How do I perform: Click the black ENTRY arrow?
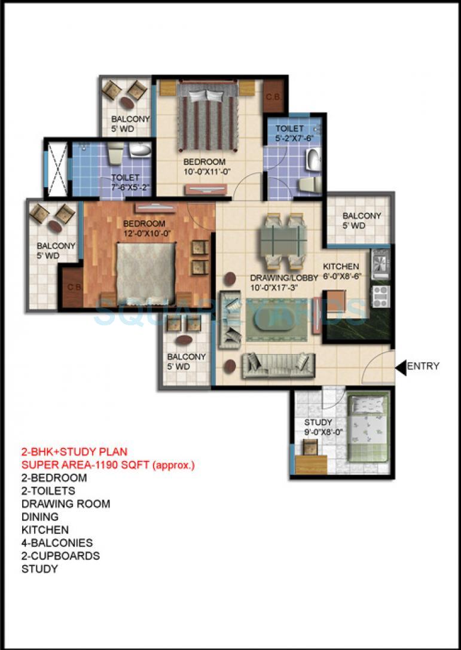(x=401, y=367)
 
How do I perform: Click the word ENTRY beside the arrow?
(x=423, y=367)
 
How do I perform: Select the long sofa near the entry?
(x=278, y=365)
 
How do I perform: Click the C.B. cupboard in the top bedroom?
(x=273, y=96)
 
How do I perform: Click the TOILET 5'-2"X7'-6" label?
(x=294, y=133)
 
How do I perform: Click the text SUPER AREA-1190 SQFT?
(x=108, y=465)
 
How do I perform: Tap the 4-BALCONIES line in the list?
(x=57, y=543)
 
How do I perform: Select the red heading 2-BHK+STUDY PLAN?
(x=74, y=451)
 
